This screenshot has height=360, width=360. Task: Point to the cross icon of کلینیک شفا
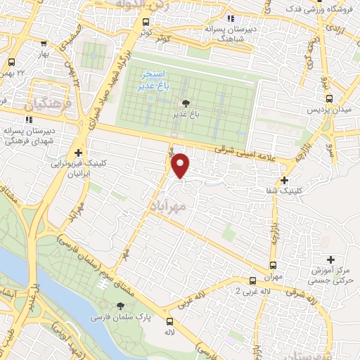284,180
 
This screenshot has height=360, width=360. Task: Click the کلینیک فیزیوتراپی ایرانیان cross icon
78,153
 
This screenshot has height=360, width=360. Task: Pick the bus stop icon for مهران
273,265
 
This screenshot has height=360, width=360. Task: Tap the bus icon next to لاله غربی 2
253,279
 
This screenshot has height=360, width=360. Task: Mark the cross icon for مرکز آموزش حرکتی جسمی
330,260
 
